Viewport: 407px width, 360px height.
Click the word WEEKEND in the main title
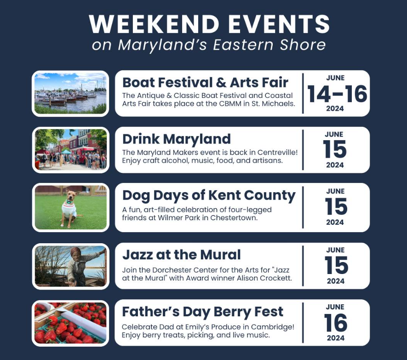(x=154, y=24)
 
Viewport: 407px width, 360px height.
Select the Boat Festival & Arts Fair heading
(x=205, y=83)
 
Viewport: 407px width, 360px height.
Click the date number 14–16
(x=337, y=94)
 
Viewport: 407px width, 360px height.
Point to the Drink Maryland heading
(x=177, y=139)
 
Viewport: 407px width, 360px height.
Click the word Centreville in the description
(x=274, y=152)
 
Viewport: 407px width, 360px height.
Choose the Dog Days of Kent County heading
(x=209, y=196)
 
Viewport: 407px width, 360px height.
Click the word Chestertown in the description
(x=234, y=217)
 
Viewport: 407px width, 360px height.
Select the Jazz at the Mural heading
(x=182, y=255)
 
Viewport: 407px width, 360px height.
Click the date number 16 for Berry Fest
(x=336, y=323)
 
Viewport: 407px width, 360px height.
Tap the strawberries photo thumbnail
(x=70, y=323)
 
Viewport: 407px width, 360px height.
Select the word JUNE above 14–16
(x=335, y=78)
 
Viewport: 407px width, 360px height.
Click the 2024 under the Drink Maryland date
(x=335, y=165)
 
